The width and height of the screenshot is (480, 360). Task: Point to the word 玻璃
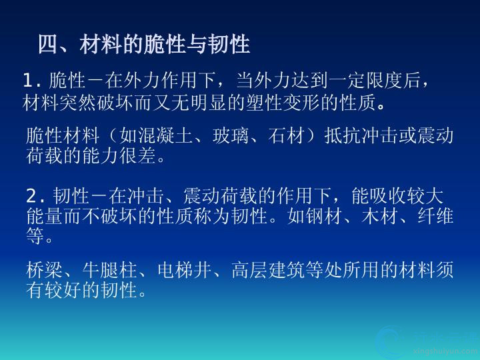231,135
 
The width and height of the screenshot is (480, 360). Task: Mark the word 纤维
436,215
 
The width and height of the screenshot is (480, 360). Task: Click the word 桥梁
45,270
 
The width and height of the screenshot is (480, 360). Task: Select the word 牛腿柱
110,270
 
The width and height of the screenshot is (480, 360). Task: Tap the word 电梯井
185,270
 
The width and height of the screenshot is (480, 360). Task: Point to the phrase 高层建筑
269,270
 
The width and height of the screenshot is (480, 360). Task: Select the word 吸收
388,196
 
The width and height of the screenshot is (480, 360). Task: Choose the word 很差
138,155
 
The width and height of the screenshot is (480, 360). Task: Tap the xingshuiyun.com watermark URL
445,351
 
